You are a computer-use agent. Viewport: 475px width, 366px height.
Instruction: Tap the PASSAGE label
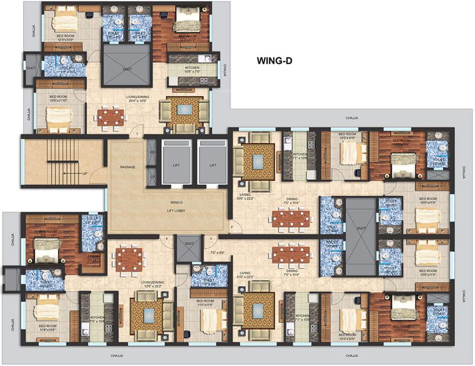click(x=128, y=167)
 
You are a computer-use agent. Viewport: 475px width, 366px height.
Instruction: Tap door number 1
click(x=137, y=135)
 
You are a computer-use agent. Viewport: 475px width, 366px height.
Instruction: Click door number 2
click(x=232, y=226)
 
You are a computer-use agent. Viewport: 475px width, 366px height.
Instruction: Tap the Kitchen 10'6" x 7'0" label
click(x=192, y=70)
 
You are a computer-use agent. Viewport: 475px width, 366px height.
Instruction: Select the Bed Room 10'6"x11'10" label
click(x=59, y=99)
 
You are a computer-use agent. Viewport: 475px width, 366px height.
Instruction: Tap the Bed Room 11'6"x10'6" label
click(x=47, y=328)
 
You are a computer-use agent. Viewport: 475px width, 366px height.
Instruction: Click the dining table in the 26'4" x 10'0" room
click(x=111, y=117)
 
